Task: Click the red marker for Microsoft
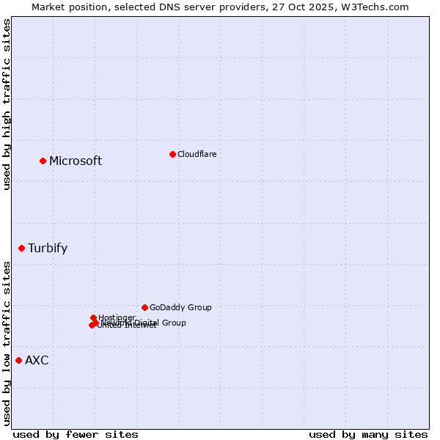tap(43, 161)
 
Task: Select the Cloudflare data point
tap(172, 154)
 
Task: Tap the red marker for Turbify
tap(21, 248)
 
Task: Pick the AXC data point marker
tap(18, 360)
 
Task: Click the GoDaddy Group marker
tap(144, 307)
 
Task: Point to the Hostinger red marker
tap(93, 318)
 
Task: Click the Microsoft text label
tap(76, 161)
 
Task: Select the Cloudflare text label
tap(197, 154)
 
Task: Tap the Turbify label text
tap(48, 248)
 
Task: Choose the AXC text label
tap(37, 360)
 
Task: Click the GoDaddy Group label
tap(180, 307)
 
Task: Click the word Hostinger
tap(117, 318)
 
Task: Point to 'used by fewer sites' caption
tap(76, 434)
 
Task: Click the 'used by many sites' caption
tap(368, 434)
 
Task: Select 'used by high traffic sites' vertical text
tap(7, 104)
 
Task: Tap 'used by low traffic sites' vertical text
tap(7, 342)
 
